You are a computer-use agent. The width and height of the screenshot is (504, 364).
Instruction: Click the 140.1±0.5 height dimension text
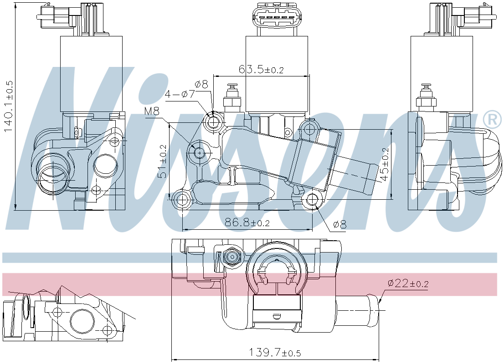click(8, 106)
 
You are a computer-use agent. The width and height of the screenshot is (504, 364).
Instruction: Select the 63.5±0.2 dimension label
click(261, 69)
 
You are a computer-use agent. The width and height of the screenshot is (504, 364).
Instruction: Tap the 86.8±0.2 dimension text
click(247, 222)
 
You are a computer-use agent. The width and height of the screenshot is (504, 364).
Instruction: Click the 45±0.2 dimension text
click(384, 164)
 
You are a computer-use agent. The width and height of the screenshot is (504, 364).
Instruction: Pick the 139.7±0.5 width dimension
click(275, 353)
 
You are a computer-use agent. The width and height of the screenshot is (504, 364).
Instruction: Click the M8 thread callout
click(152, 112)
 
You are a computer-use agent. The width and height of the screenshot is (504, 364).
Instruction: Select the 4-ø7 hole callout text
click(180, 94)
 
